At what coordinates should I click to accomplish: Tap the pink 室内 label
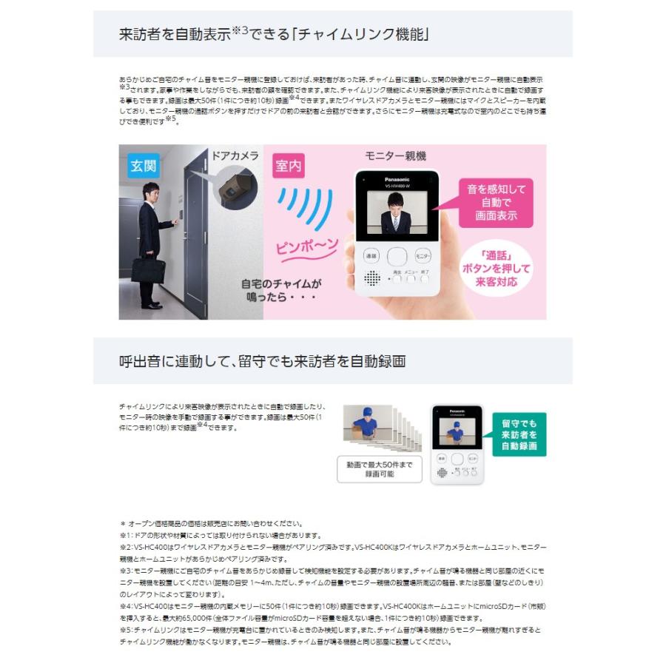click(x=288, y=166)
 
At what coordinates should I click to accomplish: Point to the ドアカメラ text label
click(x=235, y=155)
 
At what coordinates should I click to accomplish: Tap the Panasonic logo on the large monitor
click(x=397, y=178)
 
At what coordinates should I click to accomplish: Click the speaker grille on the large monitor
click(x=371, y=278)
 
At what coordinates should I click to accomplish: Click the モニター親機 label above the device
click(x=395, y=156)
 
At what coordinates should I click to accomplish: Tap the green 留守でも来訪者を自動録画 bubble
click(x=518, y=434)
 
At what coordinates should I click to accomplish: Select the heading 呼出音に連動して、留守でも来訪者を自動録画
click(x=262, y=361)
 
